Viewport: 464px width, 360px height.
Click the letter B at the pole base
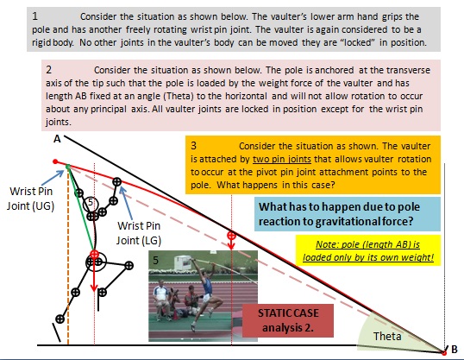tap(455, 349)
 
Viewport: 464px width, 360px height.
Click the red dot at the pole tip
tap(55, 161)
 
